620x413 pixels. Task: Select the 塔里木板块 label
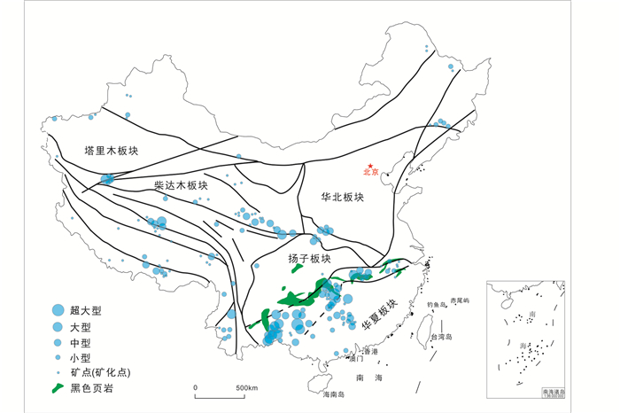click(112, 151)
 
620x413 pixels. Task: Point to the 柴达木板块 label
click(181, 185)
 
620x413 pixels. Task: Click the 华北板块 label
click(343, 197)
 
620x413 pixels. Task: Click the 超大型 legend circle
click(58, 311)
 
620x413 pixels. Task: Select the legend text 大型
click(89, 326)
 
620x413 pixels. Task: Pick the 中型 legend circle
click(58, 342)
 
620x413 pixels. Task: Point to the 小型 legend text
click(89, 357)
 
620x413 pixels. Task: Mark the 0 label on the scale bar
click(195, 388)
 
